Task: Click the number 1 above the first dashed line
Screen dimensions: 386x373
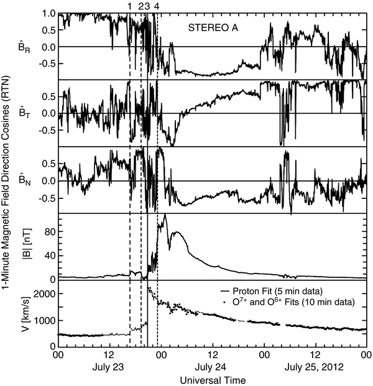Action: pos(129,6)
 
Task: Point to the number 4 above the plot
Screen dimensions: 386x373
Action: pos(157,6)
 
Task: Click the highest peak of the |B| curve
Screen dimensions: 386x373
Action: pos(165,216)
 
